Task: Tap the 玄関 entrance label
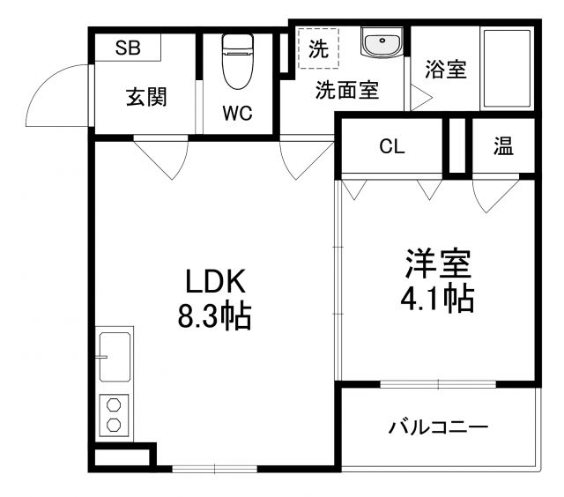(145, 97)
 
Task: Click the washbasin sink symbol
(382, 41)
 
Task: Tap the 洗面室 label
(347, 90)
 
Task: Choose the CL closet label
(392, 147)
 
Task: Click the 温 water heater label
(503, 147)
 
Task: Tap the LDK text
(217, 282)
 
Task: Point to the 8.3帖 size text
(215, 315)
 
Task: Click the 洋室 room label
(438, 265)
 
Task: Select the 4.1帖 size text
(438, 299)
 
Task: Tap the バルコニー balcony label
(438, 429)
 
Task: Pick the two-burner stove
(114, 414)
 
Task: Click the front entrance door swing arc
(55, 100)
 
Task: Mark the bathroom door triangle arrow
(413, 98)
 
